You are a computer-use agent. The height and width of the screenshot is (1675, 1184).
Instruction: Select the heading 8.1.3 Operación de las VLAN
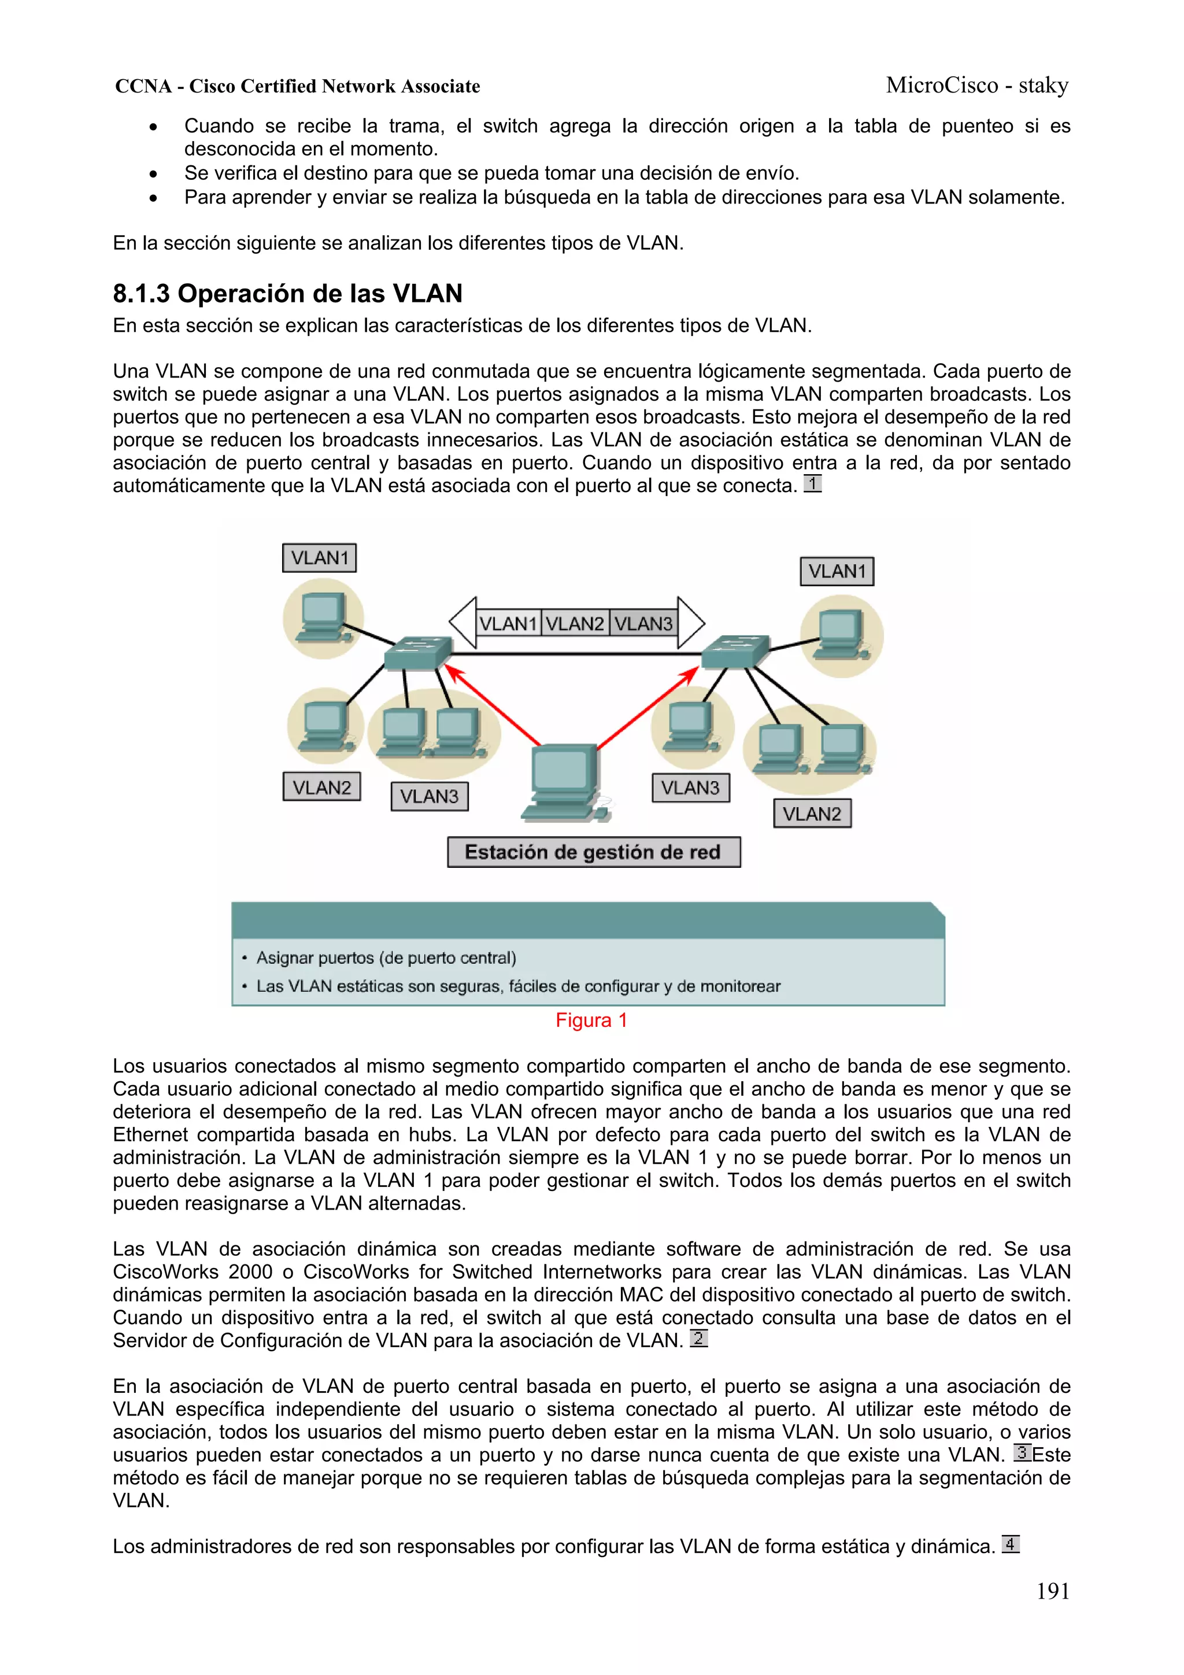coord(287,293)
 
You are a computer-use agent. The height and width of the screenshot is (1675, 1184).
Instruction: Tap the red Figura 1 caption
coord(591,1020)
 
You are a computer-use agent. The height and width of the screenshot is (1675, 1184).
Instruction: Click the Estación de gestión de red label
coord(593,852)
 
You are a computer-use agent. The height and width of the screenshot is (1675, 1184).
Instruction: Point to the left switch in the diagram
coord(417,652)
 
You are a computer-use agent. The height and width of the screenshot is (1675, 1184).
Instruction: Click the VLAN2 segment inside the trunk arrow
coord(575,624)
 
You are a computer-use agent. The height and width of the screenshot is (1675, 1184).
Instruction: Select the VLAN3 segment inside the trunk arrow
coord(643,624)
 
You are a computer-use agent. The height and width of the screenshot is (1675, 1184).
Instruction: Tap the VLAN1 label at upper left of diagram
coord(320,558)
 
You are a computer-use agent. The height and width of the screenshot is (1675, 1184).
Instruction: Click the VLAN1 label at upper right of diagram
coord(836,571)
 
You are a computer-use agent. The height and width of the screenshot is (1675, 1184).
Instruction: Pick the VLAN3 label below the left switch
coord(429,796)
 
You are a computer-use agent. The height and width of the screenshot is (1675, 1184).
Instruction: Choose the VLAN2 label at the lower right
coord(811,814)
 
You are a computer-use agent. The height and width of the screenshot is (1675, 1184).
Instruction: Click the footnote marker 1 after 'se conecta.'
coord(812,484)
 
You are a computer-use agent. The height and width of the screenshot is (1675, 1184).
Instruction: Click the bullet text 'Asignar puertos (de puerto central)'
coord(386,958)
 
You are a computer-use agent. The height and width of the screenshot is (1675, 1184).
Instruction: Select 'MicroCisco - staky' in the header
coord(977,86)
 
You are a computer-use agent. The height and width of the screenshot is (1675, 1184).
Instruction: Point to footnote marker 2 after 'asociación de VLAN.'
coord(698,1338)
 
